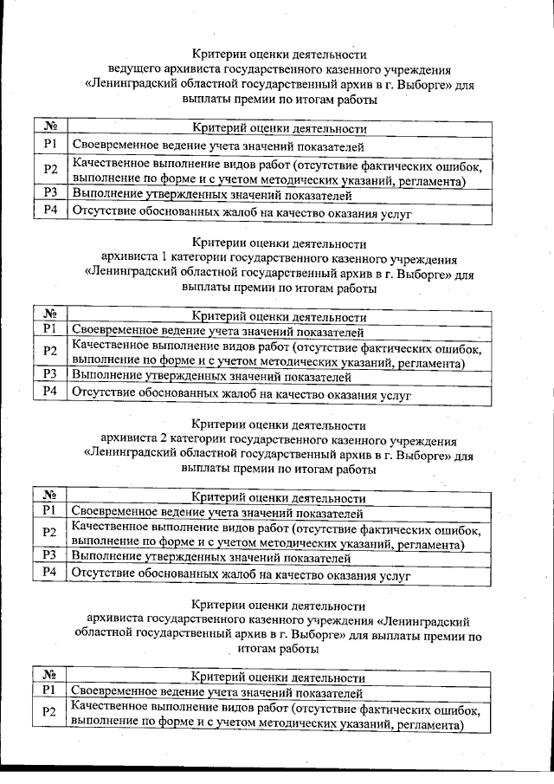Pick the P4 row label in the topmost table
(x=50, y=211)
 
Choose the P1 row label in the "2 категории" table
(x=50, y=511)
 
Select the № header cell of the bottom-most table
(x=50, y=676)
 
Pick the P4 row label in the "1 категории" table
(x=50, y=392)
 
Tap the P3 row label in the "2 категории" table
(x=50, y=554)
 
